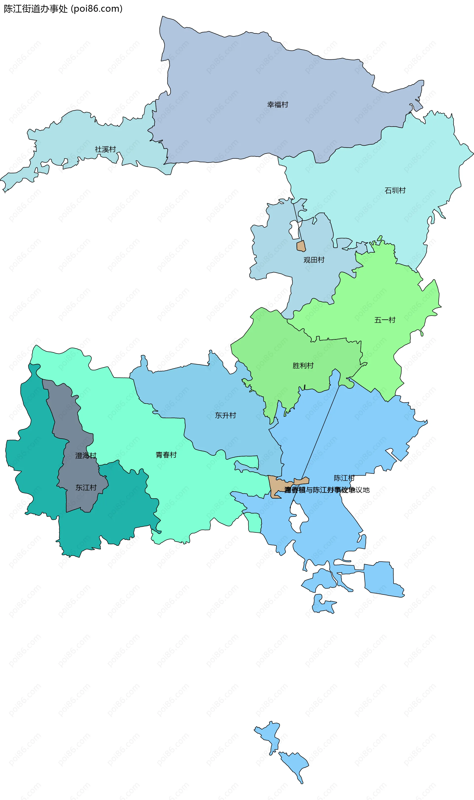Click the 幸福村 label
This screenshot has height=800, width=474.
277,105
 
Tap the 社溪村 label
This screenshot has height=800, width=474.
105,149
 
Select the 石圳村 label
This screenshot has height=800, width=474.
395,191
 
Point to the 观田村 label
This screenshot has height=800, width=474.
314,260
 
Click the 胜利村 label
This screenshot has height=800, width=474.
303,366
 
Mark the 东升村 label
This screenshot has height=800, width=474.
225,415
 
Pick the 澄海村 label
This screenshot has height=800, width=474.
86,456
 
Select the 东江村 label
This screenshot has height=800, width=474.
86,487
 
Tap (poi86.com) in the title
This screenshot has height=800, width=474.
97,9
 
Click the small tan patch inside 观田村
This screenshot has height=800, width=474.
301,246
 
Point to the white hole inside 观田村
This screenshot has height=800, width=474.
294,230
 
